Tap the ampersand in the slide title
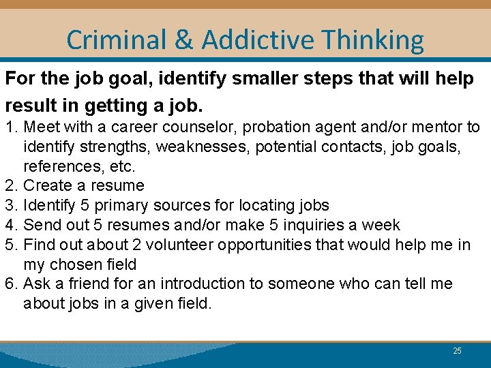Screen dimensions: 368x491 (x=183, y=41)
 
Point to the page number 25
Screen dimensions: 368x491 (x=457, y=351)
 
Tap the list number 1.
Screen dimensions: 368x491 (x=11, y=127)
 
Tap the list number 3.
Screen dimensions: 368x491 (x=11, y=205)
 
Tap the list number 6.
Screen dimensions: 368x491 (x=11, y=283)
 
